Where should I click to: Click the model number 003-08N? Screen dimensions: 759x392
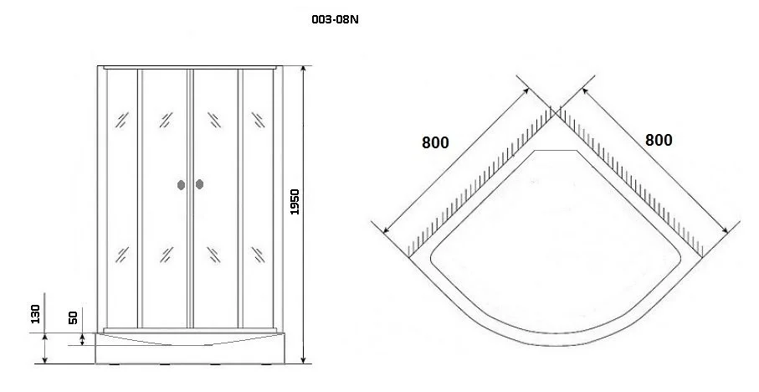(336, 20)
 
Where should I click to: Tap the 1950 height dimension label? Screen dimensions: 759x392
(295, 202)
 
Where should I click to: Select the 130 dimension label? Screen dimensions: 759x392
(35, 314)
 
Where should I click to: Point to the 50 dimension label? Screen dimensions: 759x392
(73, 317)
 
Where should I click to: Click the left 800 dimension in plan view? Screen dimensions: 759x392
(435, 142)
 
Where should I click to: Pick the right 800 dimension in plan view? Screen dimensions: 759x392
(659, 140)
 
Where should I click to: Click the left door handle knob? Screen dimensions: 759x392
(181, 184)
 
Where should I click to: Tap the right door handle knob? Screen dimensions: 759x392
(199, 184)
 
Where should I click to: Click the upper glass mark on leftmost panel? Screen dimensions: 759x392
(121, 120)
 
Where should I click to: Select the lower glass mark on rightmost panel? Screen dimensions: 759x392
(258, 255)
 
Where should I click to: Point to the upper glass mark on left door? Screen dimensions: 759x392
(166, 120)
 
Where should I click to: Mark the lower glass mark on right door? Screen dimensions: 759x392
(213, 255)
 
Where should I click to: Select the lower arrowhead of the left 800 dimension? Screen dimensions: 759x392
(387, 230)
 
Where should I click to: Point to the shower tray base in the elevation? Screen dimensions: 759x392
(190, 348)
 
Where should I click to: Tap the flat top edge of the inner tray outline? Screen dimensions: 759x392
(556, 151)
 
